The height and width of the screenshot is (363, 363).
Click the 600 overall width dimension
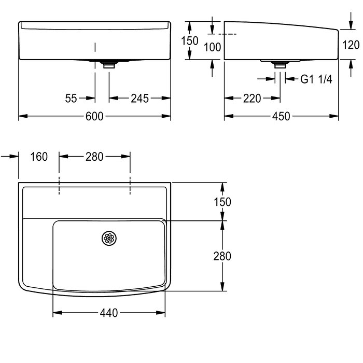click(x=94, y=116)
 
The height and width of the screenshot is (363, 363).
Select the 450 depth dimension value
click(x=281, y=116)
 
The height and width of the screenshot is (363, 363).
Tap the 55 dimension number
click(x=71, y=99)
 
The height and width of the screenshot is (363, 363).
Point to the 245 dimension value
click(x=140, y=99)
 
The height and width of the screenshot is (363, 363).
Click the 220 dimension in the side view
click(x=252, y=99)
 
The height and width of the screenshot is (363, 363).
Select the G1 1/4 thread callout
click(x=316, y=79)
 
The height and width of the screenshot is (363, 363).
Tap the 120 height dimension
click(x=351, y=45)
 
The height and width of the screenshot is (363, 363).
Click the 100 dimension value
click(x=212, y=47)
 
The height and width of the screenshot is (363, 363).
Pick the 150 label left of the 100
click(x=190, y=41)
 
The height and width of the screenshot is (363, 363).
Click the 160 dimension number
click(x=39, y=157)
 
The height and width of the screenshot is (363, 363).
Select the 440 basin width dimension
click(x=109, y=313)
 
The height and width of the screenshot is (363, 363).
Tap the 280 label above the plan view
click(x=94, y=157)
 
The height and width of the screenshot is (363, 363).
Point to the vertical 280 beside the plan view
click(x=222, y=256)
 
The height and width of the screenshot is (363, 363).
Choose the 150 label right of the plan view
click(x=222, y=202)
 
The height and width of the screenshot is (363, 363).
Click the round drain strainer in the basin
click(x=109, y=238)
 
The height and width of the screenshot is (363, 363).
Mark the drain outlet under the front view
click(x=109, y=65)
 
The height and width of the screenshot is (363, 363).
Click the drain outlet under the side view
click(x=280, y=64)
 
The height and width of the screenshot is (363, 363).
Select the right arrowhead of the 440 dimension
click(x=161, y=313)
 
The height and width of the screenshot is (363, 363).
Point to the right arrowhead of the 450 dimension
click(x=334, y=116)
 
